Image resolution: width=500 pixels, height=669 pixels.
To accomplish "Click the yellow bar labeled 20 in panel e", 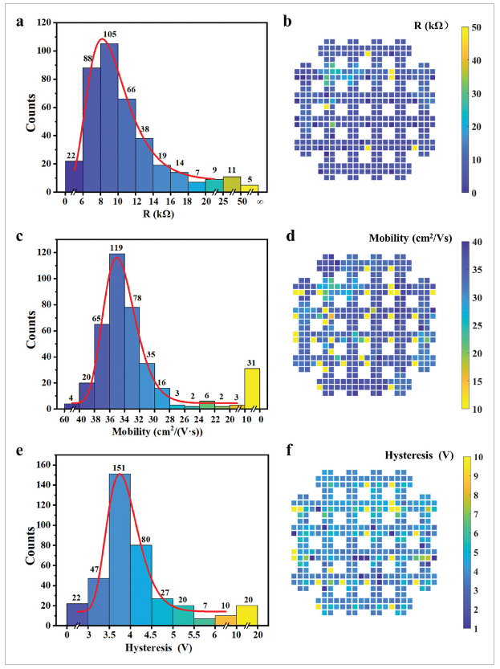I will pyautogui.click(x=247, y=615).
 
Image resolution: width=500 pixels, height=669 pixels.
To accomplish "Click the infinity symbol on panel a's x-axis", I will pyautogui.click(x=259, y=202).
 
